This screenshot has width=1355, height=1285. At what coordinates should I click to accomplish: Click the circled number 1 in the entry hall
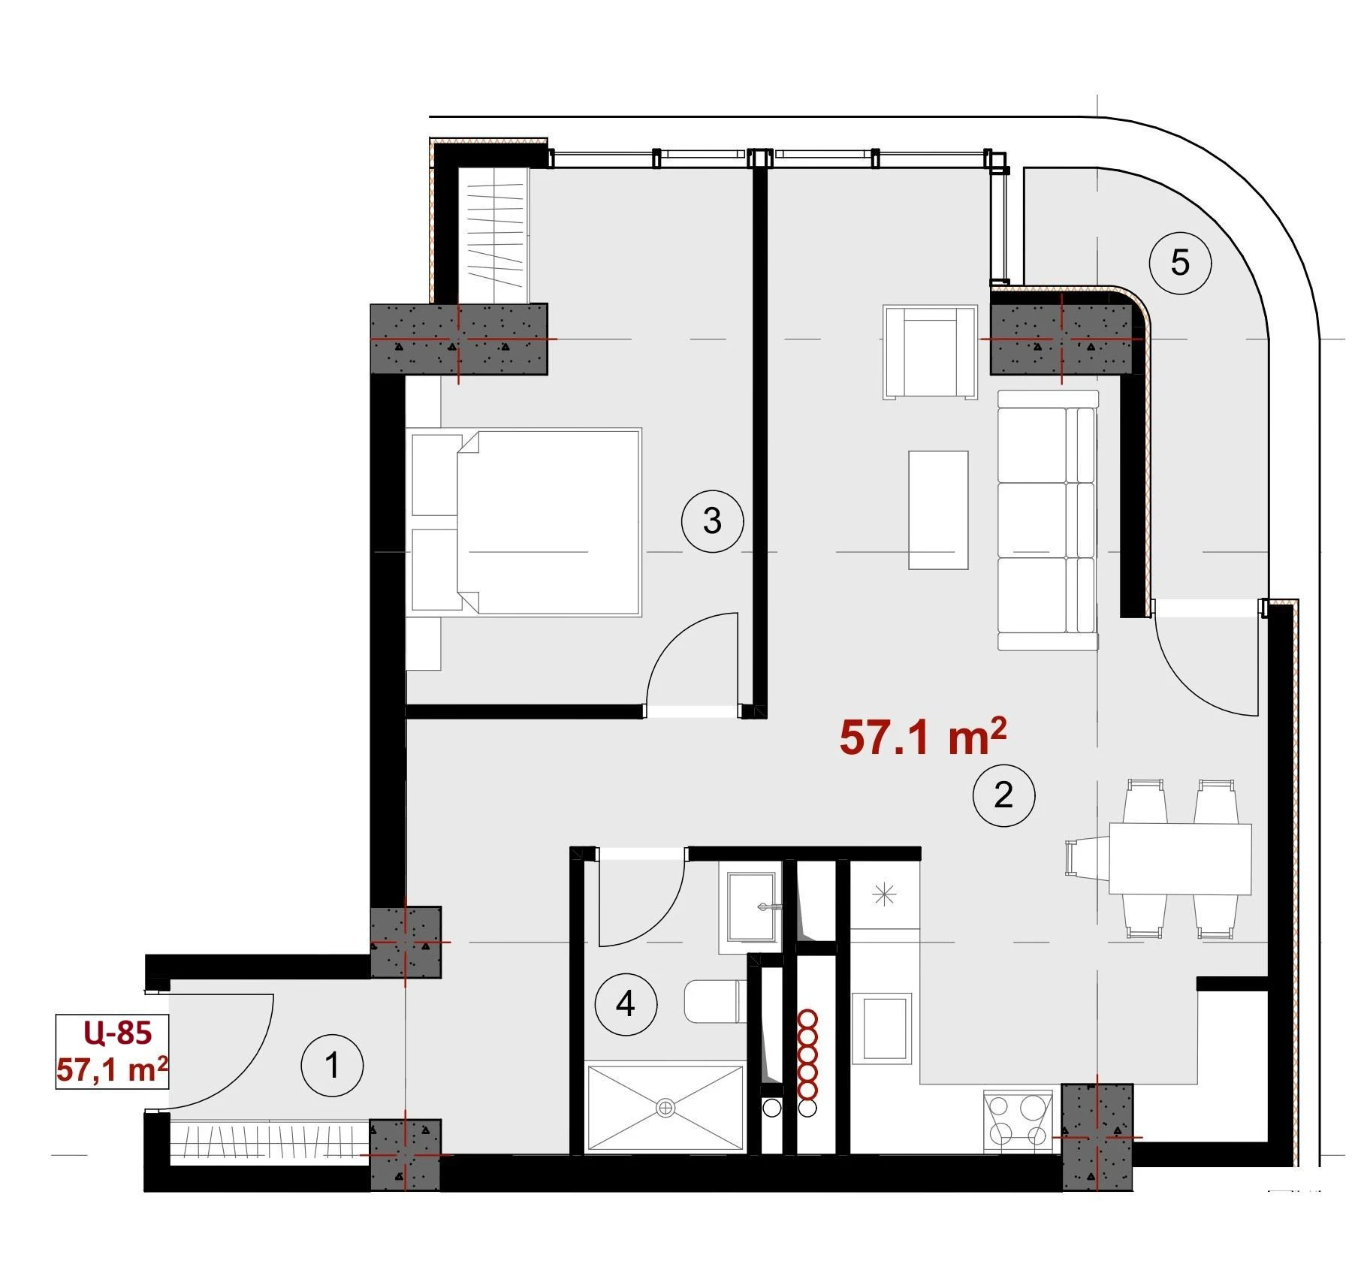332,1065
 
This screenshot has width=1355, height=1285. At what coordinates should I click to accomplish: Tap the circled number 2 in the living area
1003,795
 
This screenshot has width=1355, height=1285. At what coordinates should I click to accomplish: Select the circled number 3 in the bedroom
712,520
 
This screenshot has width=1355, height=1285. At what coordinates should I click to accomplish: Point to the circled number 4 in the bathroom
626,1004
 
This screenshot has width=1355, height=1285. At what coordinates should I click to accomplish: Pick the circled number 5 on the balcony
1180,263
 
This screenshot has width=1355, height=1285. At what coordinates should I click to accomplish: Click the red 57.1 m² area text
922,737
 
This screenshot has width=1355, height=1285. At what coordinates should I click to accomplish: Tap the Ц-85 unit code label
118,1033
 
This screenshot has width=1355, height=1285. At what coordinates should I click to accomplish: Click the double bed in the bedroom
524,523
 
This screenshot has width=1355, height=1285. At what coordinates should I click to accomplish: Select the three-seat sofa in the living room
1049,520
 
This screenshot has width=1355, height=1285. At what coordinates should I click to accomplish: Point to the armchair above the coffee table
931,352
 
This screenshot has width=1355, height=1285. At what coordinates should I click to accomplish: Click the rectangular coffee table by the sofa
938,510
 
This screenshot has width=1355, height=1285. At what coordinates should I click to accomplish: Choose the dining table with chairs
1160,859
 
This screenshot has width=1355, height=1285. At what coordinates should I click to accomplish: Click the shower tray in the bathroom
665,1106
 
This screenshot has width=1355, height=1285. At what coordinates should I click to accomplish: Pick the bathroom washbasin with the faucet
750,907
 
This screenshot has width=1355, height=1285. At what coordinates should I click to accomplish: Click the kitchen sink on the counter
887,1028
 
